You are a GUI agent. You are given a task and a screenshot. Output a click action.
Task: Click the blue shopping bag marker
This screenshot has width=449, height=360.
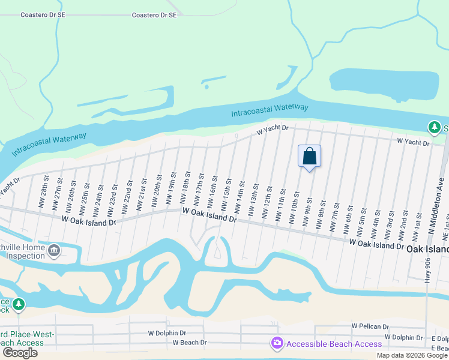(309, 156)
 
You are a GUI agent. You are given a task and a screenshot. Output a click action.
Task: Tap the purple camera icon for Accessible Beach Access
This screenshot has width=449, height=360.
(277, 344)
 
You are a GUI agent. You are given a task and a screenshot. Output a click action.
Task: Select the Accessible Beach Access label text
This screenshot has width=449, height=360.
(334, 344)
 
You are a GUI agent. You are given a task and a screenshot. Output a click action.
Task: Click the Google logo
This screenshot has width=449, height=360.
(20, 353)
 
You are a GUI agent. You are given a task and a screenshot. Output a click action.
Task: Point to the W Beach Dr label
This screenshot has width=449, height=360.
(189, 343)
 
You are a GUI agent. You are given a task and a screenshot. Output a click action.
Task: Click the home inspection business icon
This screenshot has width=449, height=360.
(54, 250)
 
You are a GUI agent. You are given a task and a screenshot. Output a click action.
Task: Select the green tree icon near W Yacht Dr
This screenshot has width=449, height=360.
(433, 127)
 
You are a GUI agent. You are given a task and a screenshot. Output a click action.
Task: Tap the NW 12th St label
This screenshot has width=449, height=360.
(268, 202)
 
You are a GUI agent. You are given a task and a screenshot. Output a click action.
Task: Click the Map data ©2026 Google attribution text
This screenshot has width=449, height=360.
(412, 355)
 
